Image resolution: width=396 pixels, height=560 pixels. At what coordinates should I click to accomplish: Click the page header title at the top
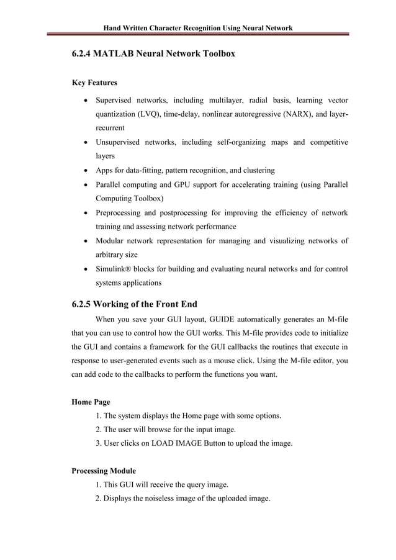pyautogui.click(x=197, y=28)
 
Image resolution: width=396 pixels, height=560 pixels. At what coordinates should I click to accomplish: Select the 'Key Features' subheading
pyautogui.click(x=95, y=83)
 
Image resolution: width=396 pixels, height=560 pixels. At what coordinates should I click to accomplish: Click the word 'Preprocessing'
pyautogui.click(x=120, y=213)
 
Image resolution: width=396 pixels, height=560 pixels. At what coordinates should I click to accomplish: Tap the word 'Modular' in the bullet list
pyautogui.click(x=110, y=241)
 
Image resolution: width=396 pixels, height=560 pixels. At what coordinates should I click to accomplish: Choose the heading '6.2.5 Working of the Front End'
pyautogui.click(x=135, y=304)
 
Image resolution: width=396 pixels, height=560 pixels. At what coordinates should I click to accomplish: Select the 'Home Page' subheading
pyautogui.click(x=91, y=402)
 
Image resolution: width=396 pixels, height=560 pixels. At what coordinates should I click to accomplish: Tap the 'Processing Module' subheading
pyautogui.click(x=104, y=471)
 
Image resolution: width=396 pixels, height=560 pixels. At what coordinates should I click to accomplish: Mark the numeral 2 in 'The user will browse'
pyautogui.click(x=98, y=430)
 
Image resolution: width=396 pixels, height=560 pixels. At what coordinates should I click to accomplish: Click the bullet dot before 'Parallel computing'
pyautogui.click(x=84, y=185)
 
